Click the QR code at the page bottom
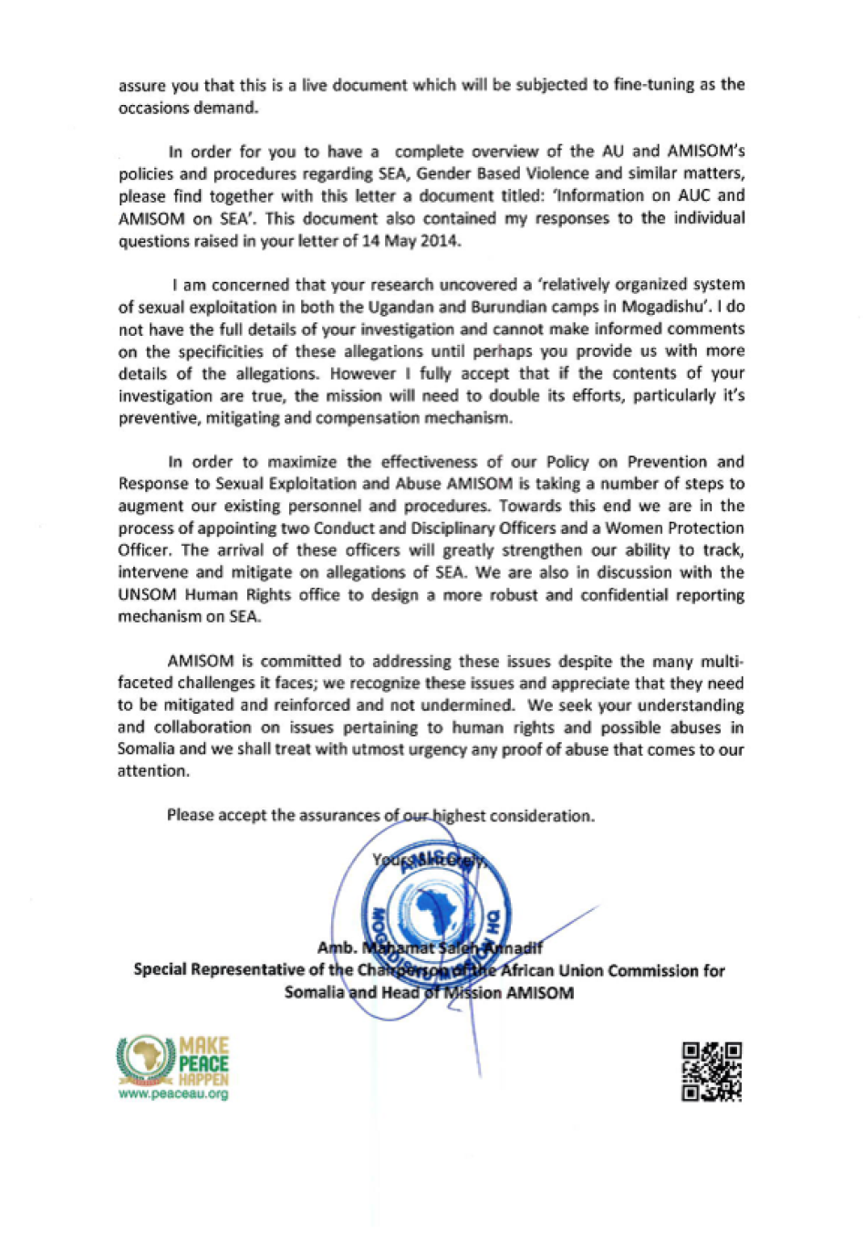(712, 1072)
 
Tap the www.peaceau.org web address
(173, 1094)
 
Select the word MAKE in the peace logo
(204, 1046)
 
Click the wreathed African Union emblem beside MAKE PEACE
(146, 1059)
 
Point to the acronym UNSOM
(147, 595)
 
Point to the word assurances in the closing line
(338, 815)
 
